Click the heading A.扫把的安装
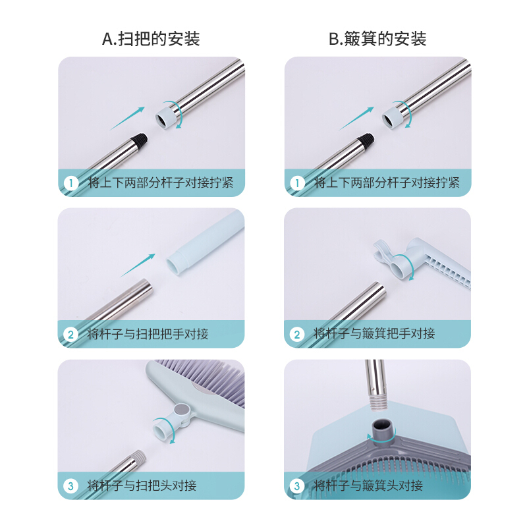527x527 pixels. (x=151, y=39)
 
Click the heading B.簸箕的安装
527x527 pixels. (x=377, y=39)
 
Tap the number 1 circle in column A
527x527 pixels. (x=71, y=184)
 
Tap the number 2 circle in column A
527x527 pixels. (x=70, y=335)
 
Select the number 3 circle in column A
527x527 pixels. (x=70, y=486)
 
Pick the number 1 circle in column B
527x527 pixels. (x=297, y=184)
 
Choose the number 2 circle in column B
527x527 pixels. (x=297, y=335)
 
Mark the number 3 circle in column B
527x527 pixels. (x=297, y=486)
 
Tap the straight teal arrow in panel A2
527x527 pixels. (x=138, y=265)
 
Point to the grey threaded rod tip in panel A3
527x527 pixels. (x=139, y=457)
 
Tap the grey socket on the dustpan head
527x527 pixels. (x=383, y=430)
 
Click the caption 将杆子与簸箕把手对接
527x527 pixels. (x=374, y=334)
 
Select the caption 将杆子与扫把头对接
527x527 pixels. (x=142, y=485)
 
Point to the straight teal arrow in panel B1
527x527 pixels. (x=356, y=119)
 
